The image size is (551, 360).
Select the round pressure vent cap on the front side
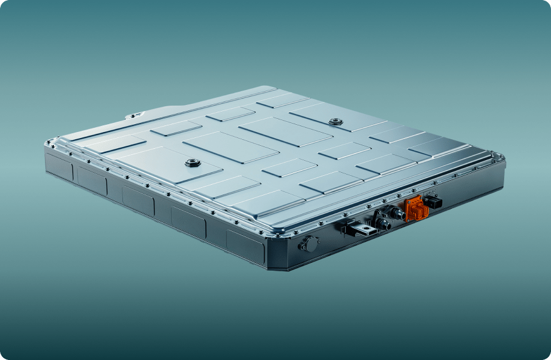pos(309,244)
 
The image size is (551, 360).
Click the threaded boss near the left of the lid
pos(192,163)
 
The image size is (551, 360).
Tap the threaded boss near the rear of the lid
pos(336,122)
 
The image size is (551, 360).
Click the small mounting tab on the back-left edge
pos(136,115)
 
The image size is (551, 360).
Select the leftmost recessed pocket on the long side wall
pos(59,166)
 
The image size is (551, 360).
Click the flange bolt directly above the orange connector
pos(413,190)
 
